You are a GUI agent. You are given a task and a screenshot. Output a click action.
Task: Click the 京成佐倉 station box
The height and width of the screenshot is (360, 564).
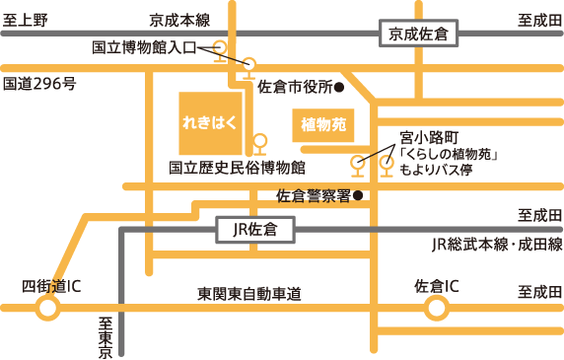pos(413,35)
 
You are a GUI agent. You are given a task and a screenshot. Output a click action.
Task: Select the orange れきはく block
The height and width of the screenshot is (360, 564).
pos(209,123)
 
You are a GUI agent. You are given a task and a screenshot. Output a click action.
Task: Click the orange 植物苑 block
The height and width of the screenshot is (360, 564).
pos(322,125)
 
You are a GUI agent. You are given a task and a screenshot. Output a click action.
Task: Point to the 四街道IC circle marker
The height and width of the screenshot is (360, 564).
pos(46,310)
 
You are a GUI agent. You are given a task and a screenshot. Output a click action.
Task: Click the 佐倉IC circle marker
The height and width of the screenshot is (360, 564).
pos(435,310)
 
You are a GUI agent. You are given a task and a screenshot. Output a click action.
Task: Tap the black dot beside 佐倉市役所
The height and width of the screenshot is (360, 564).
pos(339,87)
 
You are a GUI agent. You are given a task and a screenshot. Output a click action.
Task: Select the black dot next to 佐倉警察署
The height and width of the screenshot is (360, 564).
pos(359,195)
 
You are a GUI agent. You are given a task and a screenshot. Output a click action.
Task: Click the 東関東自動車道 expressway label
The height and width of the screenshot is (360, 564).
pos(248,294)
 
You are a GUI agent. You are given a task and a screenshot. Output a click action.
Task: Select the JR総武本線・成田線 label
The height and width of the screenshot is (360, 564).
pos(497,244)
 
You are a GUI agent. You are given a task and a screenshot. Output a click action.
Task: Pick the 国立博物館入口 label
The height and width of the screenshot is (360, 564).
pos(143,46)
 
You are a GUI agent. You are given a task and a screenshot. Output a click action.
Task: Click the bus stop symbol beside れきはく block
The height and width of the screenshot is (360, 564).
pos(259,144)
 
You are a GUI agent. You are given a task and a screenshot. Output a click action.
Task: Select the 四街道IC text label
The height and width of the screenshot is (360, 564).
pos(50,286)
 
